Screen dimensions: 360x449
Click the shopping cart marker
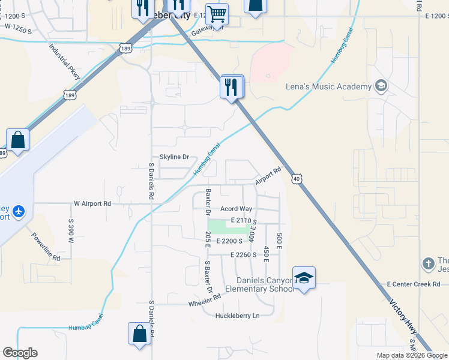click(x=217, y=13)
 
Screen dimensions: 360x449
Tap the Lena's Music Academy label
click(x=328, y=86)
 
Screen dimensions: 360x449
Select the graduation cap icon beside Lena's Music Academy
click(x=380, y=86)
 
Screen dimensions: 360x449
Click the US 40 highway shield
click(x=297, y=178)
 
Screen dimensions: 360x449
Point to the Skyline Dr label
click(x=174, y=157)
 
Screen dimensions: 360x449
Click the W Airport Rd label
click(x=92, y=203)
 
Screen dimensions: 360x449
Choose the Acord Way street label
click(x=236, y=209)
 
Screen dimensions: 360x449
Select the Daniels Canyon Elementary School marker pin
click(x=304, y=278)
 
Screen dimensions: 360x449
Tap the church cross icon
click(x=428, y=263)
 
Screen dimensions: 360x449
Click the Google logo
click(x=20, y=353)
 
